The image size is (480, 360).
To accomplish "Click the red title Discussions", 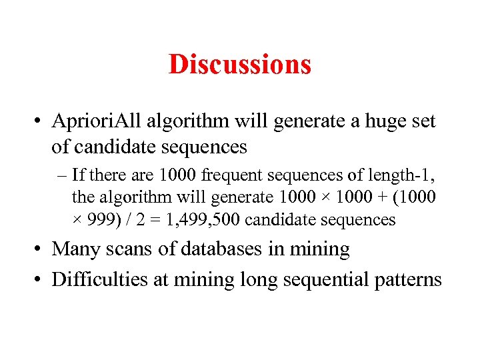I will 239,65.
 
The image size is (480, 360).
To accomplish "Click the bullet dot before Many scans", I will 40,249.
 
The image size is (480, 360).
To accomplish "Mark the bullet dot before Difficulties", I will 40,279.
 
